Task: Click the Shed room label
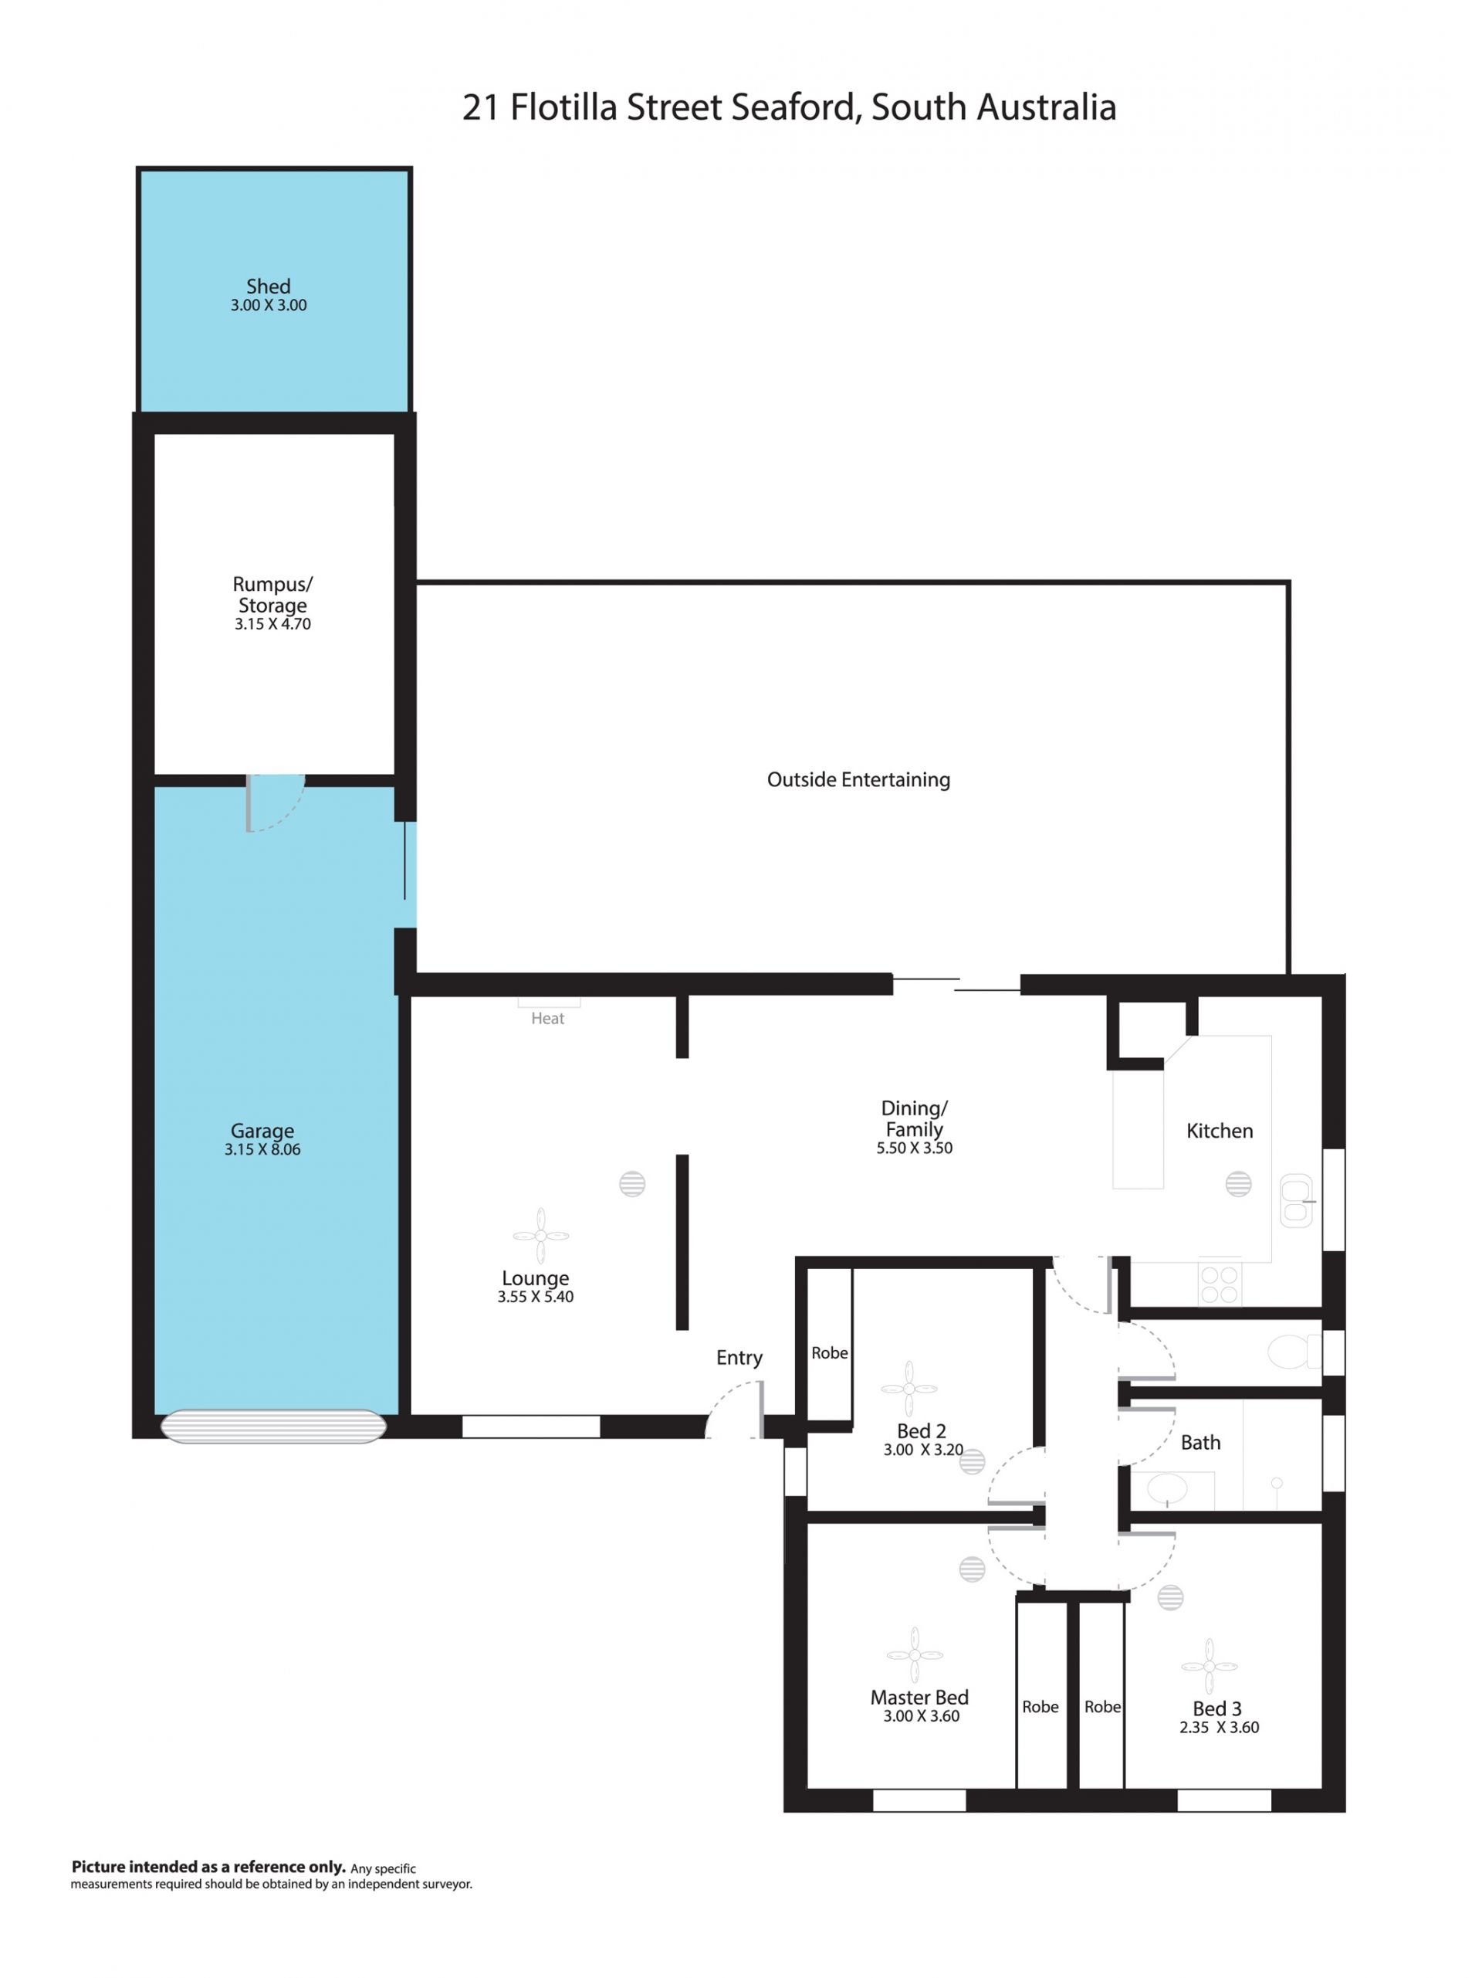pyautogui.click(x=268, y=286)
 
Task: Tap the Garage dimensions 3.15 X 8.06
pyautogui.click(x=262, y=1150)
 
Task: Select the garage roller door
pyautogui.click(x=272, y=1427)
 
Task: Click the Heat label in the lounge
pyautogui.click(x=547, y=1019)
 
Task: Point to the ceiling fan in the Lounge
pyautogui.click(x=541, y=1236)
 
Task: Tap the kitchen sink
pyautogui.click(x=1296, y=1200)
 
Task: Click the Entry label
pyautogui.click(x=739, y=1358)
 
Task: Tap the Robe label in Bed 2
pyautogui.click(x=830, y=1353)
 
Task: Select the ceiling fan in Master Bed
pyautogui.click(x=915, y=1654)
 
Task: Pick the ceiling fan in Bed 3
pyautogui.click(x=1209, y=1666)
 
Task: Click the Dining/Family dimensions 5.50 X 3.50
pyautogui.click(x=915, y=1148)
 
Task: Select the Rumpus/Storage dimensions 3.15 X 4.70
pyautogui.click(x=272, y=624)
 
